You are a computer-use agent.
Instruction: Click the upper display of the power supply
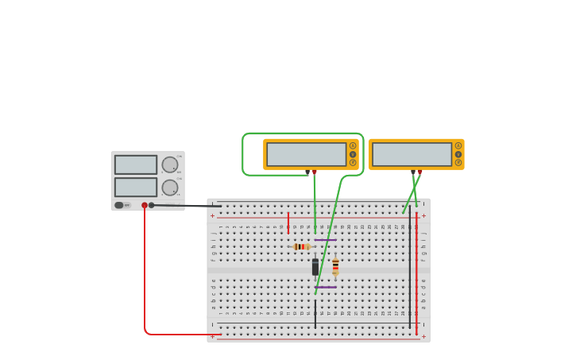[x=136, y=165]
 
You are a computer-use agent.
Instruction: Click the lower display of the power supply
[x=136, y=187]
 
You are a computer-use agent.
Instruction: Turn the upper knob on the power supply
[x=170, y=165]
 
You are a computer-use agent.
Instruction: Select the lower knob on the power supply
[x=170, y=188]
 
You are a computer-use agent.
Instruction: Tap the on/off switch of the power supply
[x=119, y=205]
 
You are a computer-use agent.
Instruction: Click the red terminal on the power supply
[x=145, y=205]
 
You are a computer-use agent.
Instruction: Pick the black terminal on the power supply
[x=152, y=205]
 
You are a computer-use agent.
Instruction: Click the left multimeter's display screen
[x=306, y=154]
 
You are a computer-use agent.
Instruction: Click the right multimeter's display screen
[x=412, y=154]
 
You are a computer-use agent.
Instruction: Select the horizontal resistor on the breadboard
[x=302, y=247]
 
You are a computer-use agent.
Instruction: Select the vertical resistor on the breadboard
[x=335, y=266]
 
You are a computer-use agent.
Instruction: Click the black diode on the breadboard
[x=315, y=267]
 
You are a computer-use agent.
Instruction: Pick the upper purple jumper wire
[x=325, y=240]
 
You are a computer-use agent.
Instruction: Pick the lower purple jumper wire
[x=325, y=287]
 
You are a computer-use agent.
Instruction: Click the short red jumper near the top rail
[x=288, y=223]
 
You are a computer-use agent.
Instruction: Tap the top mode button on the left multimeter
[x=353, y=145]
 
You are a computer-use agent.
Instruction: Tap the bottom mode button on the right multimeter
[x=458, y=163]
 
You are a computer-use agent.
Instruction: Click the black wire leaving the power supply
[x=187, y=206]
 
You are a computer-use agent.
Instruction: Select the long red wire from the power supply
[x=145, y=278]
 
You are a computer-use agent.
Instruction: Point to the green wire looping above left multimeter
[x=302, y=134]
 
